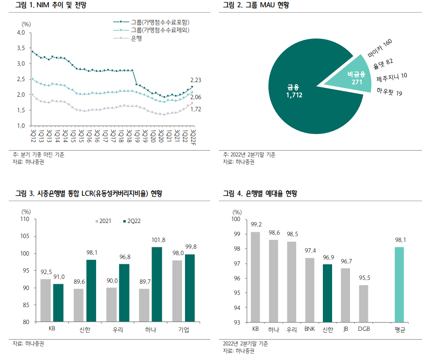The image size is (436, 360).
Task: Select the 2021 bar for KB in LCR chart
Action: pos(46,300)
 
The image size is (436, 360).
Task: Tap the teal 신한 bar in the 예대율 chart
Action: pos(328,293)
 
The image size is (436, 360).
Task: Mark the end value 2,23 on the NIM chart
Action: pos(196,80)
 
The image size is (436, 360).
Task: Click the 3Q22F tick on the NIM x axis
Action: pos(193,136)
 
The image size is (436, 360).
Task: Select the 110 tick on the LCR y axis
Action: pos(26,220)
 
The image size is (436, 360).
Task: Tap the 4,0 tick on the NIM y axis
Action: pos(21,33)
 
